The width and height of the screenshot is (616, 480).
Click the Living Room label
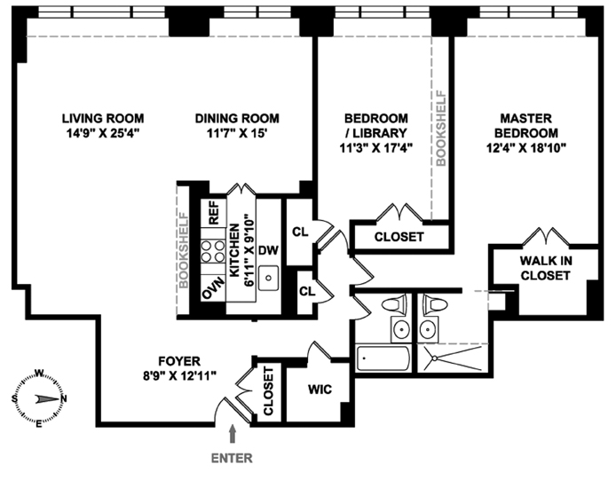pyautogui.click(x=103, y=118)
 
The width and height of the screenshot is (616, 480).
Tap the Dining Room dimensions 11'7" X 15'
pyautogui.click(x=237, y=133)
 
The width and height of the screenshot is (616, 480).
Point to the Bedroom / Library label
pyautogui.click(x=375, y=125)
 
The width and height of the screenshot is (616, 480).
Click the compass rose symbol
pyautogui.click(x=41, y=398)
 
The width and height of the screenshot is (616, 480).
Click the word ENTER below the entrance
pyautogui.click(x=233, y=459)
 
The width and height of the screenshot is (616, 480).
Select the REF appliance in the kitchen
pyautogui.click(x=213, y=213)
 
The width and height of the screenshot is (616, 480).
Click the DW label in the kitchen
pyautogui.click(x=268, y=249)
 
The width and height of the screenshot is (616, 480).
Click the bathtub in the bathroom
pyautogui.click(x=383, y=360)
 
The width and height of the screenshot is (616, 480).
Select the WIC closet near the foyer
pyautogui.click(x=320, y=389)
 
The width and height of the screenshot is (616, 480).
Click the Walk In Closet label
pyautogui.click(x=545, y=268)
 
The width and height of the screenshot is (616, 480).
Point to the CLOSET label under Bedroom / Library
pyautogui.click(x=399, y=238)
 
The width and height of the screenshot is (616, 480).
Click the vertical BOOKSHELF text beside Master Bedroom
pyautogui.click(x=440, y=128)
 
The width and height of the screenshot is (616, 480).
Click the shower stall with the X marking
pyautogui.click(x=451, y=358)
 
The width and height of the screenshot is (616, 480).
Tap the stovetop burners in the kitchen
pyautogui.click(x=213, y=251)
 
